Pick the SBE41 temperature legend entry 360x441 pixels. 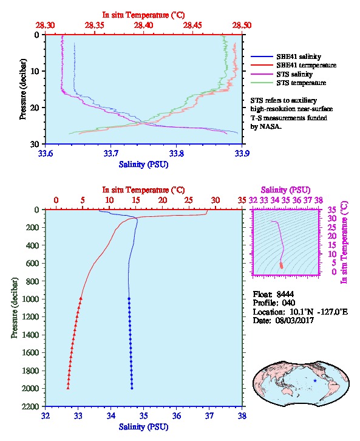pyautogui.click(x=293, y=65)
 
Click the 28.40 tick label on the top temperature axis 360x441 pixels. pyautogui.click(x=143, y=26)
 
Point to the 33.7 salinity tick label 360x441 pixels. pyautogui.click(x=110, y=154)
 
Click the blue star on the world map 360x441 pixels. pyautogui.click(x=315, y=380)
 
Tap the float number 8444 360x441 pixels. pyautogui.click(x=285, y=294)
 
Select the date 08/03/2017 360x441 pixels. pyautogui.click(x=294, y=320)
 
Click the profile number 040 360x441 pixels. pyautogui.click(x=288, y=303)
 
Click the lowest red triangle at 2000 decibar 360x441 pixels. pyautogui.click(x=68, y=388)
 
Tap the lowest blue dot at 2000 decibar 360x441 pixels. pyautogui.click(x=132, y=388)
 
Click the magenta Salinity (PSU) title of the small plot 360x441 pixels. pyautogui.click(x=285, y=190)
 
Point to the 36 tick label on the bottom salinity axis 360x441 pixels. pyautogui.click(x=177, y=415)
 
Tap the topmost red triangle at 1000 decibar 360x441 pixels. pyautogui.click(x=81, y=299)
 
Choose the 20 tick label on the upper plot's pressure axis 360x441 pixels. pyautogui.click(x=35, y=108)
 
